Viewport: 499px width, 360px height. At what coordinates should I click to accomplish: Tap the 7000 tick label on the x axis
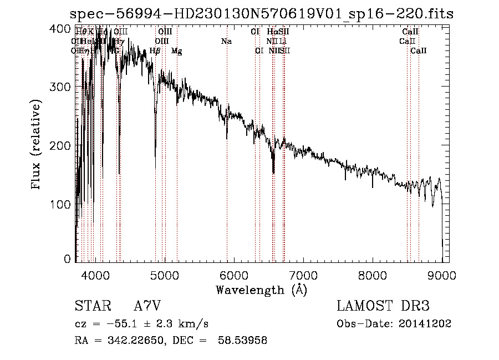coord(303,274)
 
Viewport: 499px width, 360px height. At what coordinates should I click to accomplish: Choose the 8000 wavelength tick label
coord(373,274)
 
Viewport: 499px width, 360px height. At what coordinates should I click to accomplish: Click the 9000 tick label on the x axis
coord(442,274)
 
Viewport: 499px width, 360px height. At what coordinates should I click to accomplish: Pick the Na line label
coord(226,42)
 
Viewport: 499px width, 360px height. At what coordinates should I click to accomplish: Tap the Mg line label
coord(176,51)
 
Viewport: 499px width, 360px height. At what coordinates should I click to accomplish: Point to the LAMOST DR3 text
coord(383,307)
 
